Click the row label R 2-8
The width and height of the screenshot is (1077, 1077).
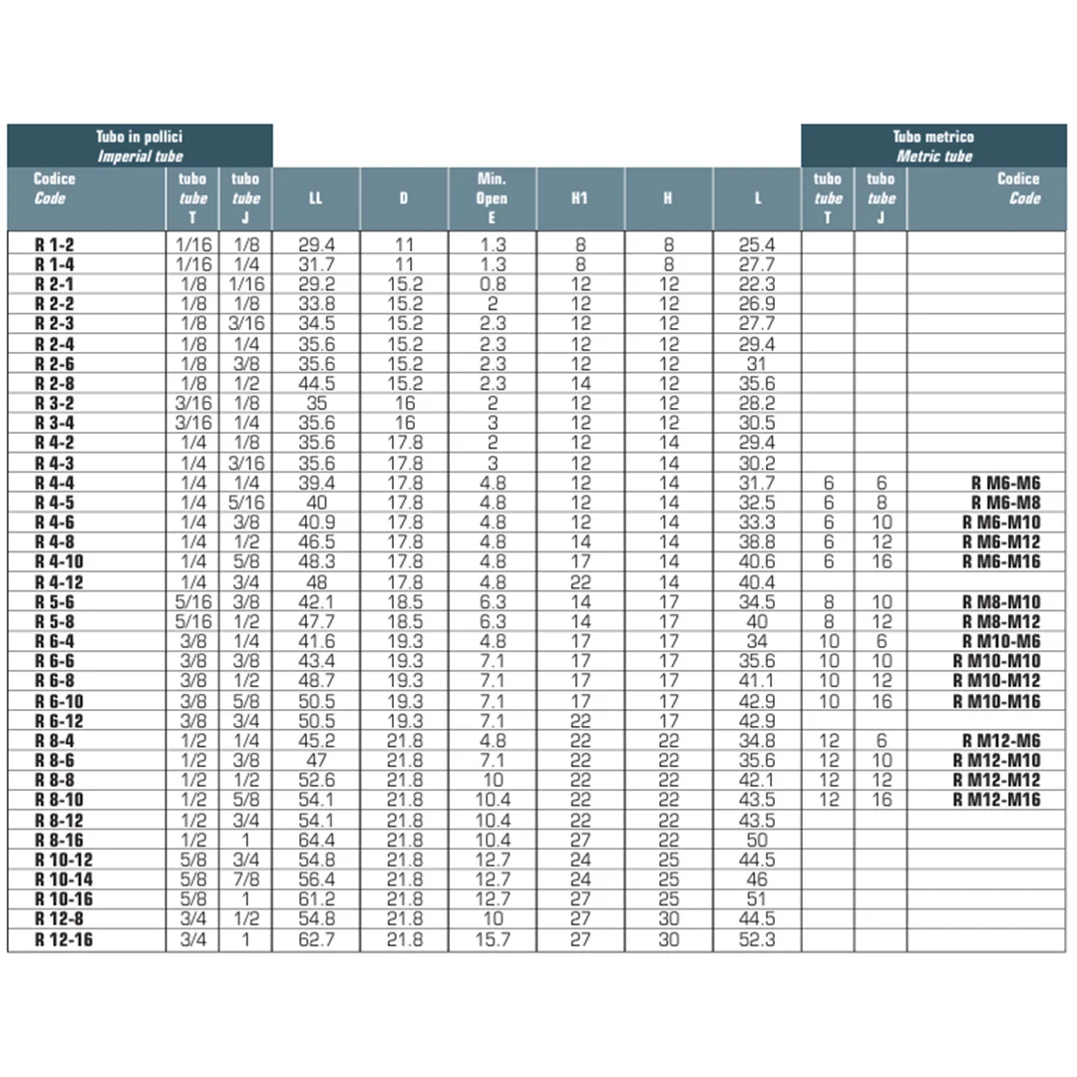[55, 383]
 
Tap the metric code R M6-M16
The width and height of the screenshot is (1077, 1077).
[1000, 561]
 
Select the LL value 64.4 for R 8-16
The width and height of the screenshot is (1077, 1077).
[316, 840]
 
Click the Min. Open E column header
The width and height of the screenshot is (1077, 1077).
[492, 197]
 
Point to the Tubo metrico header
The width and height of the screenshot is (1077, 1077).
[933, 146]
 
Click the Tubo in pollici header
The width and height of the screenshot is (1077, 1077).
[140, 146]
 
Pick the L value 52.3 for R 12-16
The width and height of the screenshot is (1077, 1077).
[757, 939]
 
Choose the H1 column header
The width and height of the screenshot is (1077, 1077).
[579, 197]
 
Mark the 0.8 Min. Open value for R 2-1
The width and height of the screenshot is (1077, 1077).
[492, 283]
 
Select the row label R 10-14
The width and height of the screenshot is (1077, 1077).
[63, 880]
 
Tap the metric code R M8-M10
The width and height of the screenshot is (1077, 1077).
[1000, 601]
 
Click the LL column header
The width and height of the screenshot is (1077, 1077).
[315, 197]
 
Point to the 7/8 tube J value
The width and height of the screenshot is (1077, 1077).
[245, 880]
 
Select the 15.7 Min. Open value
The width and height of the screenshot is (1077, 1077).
[492, 939]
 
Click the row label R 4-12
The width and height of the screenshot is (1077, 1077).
[59, 581]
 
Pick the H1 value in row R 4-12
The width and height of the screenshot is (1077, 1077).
[579, 581]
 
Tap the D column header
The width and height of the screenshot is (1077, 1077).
[404, 197]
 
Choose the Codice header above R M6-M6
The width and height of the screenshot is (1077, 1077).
[1017, 187]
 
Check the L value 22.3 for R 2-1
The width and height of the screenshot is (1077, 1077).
[757, 283]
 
